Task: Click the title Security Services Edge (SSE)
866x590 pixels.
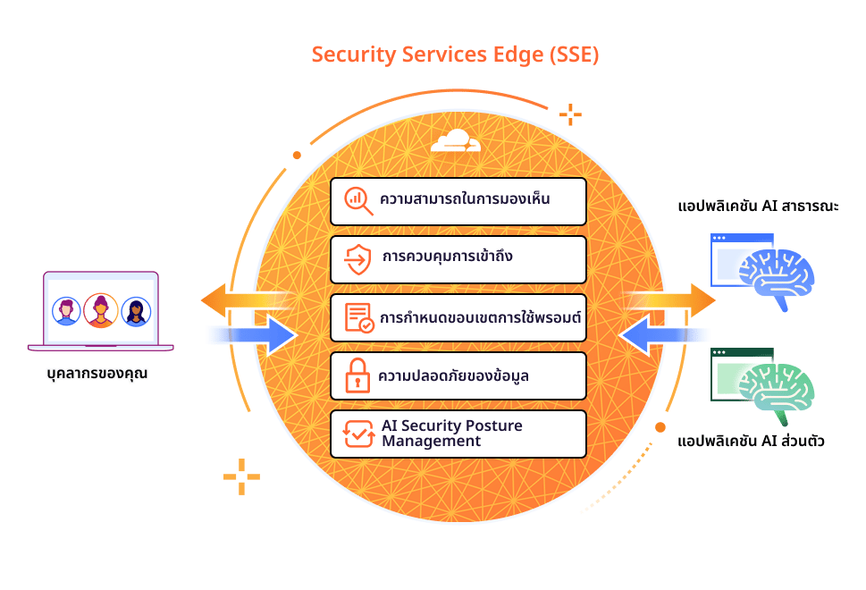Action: click(x=455, y=55)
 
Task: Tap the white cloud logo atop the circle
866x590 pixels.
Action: click(x=456, y=140)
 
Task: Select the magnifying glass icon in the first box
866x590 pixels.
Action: click(x=358, y=200)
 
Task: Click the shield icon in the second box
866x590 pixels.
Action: click(x=357, y=259)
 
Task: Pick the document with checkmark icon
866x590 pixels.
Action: click(x=359, y=317)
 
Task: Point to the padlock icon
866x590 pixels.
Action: click(x=357, y=375)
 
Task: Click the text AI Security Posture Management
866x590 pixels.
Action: click(x=452, y=433)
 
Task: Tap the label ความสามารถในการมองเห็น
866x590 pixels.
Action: click(x=465, y=198)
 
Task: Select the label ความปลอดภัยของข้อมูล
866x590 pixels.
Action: click(x=453, y=375)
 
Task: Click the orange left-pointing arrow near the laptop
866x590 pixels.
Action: click(x=246, y=300)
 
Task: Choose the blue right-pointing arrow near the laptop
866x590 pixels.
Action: click(x=253, y=334)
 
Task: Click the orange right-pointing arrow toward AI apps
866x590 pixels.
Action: click(x=670, y=300)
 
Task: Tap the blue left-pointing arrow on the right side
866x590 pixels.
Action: click(x=663, y=334)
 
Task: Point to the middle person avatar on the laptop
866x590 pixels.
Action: click(x=100, y=310)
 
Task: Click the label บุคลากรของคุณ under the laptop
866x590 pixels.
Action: click(x=97, y=374)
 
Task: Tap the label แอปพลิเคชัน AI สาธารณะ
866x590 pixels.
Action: click(x=758, y=206)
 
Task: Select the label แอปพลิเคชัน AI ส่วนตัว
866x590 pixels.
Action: click(x=751, y=441)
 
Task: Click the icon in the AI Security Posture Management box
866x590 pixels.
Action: click(x=358, y=434)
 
